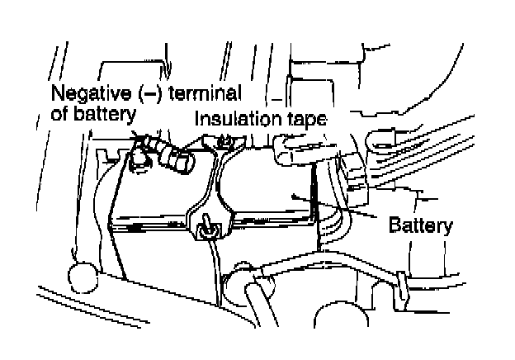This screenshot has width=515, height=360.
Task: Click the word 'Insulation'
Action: [236, 119]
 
